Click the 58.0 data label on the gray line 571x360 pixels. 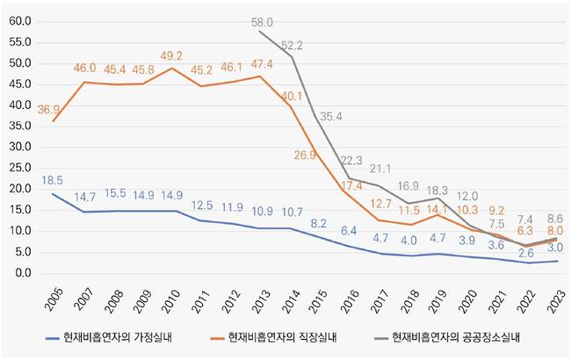tap(262, 22)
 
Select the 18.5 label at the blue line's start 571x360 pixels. tap(54, 180)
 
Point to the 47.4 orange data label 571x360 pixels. tap(262, 63)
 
